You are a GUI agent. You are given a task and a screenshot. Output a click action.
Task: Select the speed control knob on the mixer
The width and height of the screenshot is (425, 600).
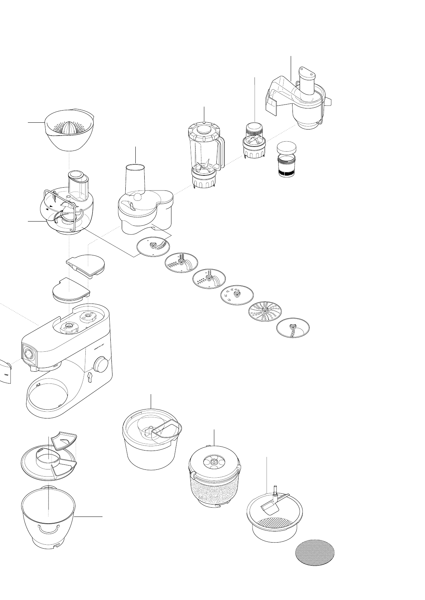(x=101, y=364)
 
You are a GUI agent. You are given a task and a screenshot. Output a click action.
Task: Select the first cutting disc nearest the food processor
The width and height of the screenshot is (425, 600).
(x=154, y=247)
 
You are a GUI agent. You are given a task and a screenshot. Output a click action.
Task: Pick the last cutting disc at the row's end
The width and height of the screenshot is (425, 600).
(x=293, y=327)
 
